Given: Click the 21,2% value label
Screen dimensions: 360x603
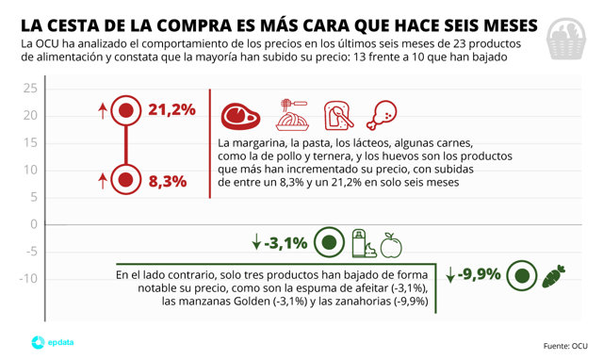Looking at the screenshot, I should pos(171,110).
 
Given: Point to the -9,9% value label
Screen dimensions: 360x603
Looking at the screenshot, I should pos(480,275).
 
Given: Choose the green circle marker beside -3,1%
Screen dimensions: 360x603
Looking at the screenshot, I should pos(329,243).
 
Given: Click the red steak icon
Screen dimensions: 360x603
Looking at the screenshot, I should pos(238,116).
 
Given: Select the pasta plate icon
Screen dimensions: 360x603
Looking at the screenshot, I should pos(288,116).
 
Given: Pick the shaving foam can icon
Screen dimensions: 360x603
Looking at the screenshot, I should pos(359,243).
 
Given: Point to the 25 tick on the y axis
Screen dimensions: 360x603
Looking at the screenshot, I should pos(29,89).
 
